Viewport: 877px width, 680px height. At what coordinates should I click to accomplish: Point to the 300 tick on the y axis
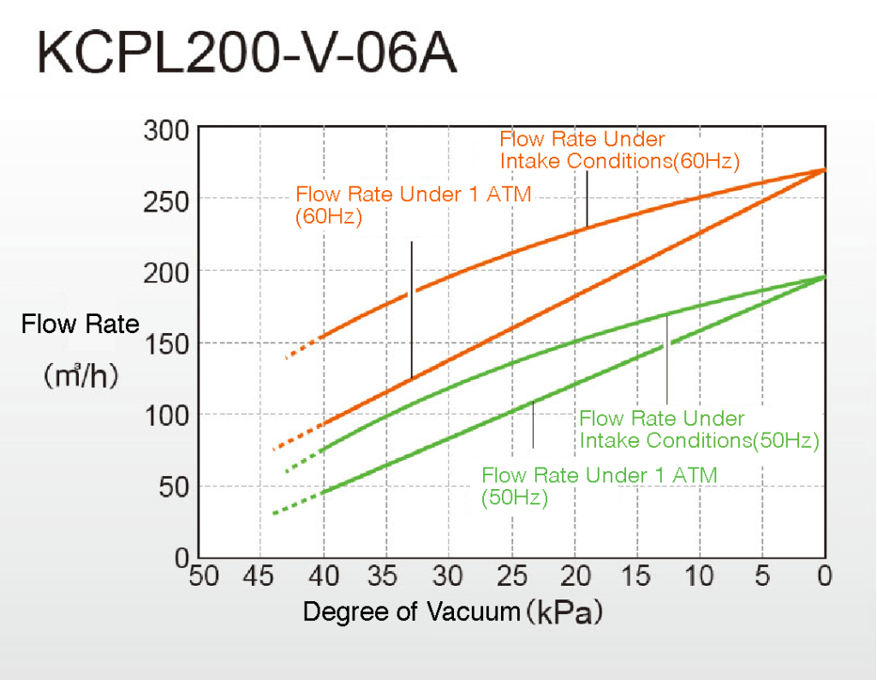[x=169, y=132]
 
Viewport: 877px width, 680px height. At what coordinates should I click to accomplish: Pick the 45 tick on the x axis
[x=260, y=576]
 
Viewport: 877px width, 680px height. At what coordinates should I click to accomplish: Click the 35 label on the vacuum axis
[x=385, y=576]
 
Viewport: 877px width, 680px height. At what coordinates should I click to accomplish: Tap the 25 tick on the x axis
[x=511, y=576]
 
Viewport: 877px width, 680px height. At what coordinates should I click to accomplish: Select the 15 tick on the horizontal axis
[x=636, y=576]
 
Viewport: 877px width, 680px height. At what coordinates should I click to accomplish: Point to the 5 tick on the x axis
[x=762, y=576]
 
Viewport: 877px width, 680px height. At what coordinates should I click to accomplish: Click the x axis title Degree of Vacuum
[x=412, y=611]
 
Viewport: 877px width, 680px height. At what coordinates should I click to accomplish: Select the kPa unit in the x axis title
[x=565, y=612]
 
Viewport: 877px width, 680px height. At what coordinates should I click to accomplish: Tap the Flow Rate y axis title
[x=80, y=325]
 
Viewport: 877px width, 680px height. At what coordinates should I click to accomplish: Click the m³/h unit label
[x=80, y=376]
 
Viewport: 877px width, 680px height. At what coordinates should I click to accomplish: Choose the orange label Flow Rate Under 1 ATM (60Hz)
[x=413, y=205]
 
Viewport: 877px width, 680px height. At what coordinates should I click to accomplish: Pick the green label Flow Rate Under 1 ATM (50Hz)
[x=600, y=486]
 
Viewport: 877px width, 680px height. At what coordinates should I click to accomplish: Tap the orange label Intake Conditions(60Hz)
[x=619, y=149]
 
